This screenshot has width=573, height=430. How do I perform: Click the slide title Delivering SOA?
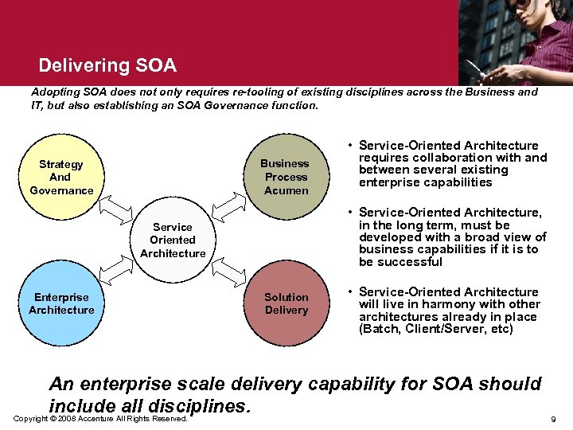tap(107, 64)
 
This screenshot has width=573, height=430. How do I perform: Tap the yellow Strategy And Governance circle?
tap(61, 177)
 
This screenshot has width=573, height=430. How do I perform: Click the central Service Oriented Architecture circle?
tap(173, 240)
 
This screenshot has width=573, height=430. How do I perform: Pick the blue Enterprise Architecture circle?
tap(61, 303)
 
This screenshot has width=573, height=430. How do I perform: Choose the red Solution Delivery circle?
tap(286, 303)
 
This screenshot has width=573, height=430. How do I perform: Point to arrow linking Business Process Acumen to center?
tap(229, 209)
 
